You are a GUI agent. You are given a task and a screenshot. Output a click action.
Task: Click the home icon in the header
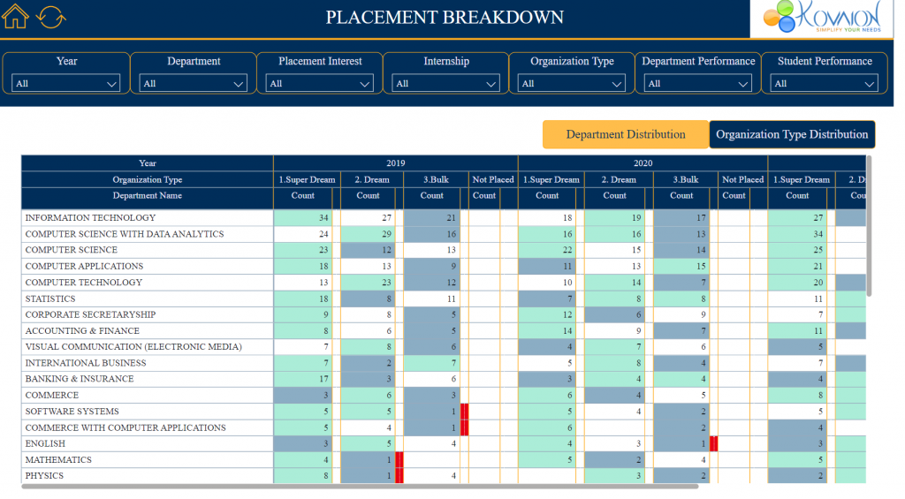point(16,17)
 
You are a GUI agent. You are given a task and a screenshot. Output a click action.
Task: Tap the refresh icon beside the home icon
point(51,17)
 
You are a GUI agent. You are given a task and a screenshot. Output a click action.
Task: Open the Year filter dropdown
point(66,83)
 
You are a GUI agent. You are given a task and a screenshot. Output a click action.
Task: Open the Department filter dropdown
point(194,83)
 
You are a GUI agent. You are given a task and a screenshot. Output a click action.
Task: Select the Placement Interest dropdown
point(320,83)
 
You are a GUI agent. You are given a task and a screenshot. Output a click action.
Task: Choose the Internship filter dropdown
point(446,83)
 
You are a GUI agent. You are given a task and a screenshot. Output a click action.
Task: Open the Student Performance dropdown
point(825,83)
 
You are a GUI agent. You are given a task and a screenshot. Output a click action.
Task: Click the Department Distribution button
point(626,134)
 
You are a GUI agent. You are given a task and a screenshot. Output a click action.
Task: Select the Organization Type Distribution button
point(792,134)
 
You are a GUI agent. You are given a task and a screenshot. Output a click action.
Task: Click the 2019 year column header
point(395,163)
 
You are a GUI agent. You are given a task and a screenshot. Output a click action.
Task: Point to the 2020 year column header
point(643,163)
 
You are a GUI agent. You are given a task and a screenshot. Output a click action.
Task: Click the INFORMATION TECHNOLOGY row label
point(90,218)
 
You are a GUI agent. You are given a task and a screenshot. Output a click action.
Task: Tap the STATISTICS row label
point(50,299)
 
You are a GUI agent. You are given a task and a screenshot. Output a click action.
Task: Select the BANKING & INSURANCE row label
point(80,379)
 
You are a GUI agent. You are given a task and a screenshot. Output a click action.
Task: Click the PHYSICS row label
point(44,476)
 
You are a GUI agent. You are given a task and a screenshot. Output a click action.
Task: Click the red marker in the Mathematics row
point(399,459)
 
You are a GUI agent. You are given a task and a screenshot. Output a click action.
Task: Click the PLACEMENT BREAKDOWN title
point(445,18)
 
